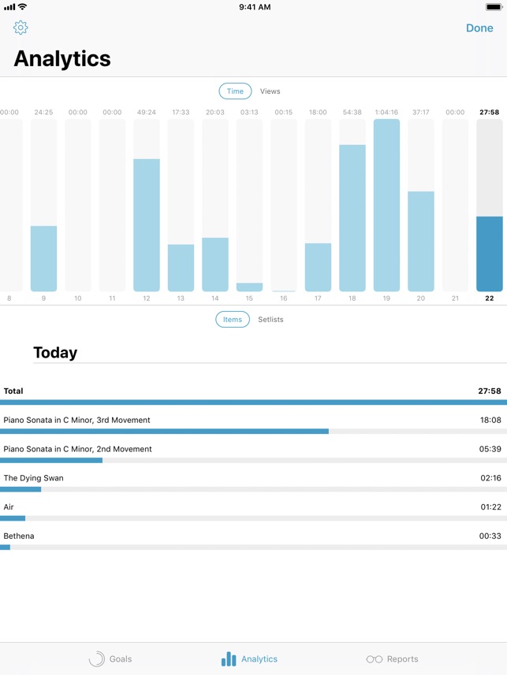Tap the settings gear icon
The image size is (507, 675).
(x=21, y=28)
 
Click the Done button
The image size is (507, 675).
(x=479, y=28)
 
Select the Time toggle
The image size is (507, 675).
(x=235, y=91)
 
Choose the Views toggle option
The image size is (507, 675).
(x=270, y=91)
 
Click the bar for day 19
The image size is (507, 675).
(x=386, y=206)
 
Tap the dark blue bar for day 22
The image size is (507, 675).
(x=490, y=254)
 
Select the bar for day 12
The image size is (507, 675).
(x=147, y=225)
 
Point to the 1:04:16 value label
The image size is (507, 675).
(x=386, y=113)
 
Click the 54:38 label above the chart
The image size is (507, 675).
(x=352, y=113)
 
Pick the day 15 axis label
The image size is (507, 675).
(x=249, y=299)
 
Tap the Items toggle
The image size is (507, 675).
(x=233, y=319)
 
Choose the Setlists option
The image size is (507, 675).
(x=270, y=319)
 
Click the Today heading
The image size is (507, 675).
(x=55, y=353)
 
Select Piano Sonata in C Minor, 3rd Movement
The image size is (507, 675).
(x=76, y=420)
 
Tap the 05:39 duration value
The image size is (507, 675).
(x=490, y=449)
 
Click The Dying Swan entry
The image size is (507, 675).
(x=33, y=478)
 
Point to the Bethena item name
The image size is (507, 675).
(x=19, y=536)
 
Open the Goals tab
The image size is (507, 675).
(x=110, y=659)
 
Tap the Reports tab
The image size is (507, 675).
(x=392, y=659)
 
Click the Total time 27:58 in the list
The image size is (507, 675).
(x=489, y=391)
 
